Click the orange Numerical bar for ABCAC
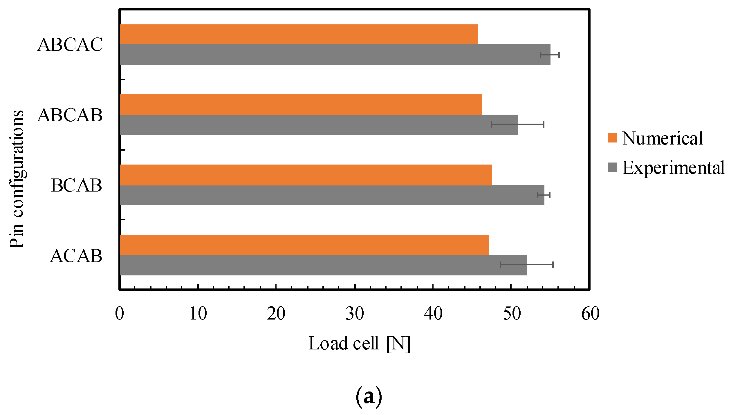click(298, 34)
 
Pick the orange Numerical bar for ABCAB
click(300, 104)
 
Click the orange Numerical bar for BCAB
click(306, 175)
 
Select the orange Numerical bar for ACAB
click(304, 245)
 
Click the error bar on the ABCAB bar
click(517, 124)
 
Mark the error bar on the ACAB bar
click(527, 264)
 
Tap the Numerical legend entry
click(655, 138)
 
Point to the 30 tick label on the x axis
click(355, 313)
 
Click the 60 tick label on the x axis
click(590, 313)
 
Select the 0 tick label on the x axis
click(120, 313)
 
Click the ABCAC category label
click(70, 45)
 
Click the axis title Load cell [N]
click(359, 344)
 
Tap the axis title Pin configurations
click(17, 179)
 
